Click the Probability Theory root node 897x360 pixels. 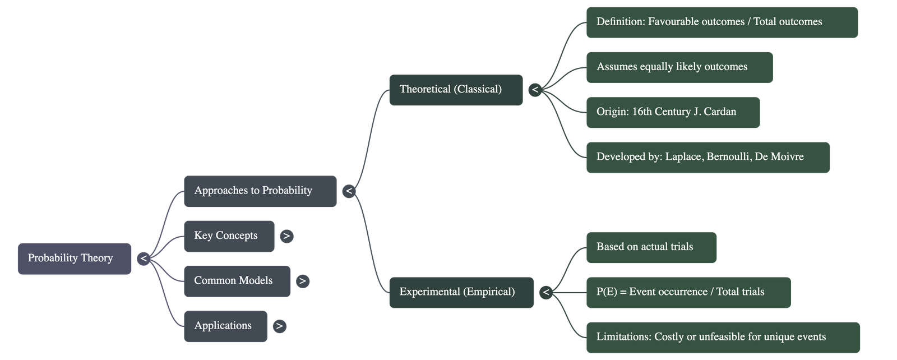[75, 259]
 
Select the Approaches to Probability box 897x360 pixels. [260, 191]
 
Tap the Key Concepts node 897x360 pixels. [229, 236]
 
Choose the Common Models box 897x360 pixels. [237, 281]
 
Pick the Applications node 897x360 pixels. [225, 326]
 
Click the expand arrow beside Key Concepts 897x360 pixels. [286, 236]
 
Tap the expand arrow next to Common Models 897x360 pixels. [303, 281]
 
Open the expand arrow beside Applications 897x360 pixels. [279, 326]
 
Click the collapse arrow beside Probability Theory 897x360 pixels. [144, 259]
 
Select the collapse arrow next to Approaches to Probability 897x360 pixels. [349, 191]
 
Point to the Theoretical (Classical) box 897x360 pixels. [456, 90]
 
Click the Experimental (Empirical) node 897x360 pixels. [461, 292]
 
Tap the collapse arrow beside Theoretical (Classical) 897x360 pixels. [535, 90]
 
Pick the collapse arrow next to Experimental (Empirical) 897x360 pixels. [545, 292]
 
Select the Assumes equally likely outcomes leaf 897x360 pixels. [679, 67]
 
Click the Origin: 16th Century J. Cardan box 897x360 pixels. [673, 112]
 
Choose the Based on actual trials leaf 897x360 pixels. [651, 247]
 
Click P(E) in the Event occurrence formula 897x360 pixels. [607, 292]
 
